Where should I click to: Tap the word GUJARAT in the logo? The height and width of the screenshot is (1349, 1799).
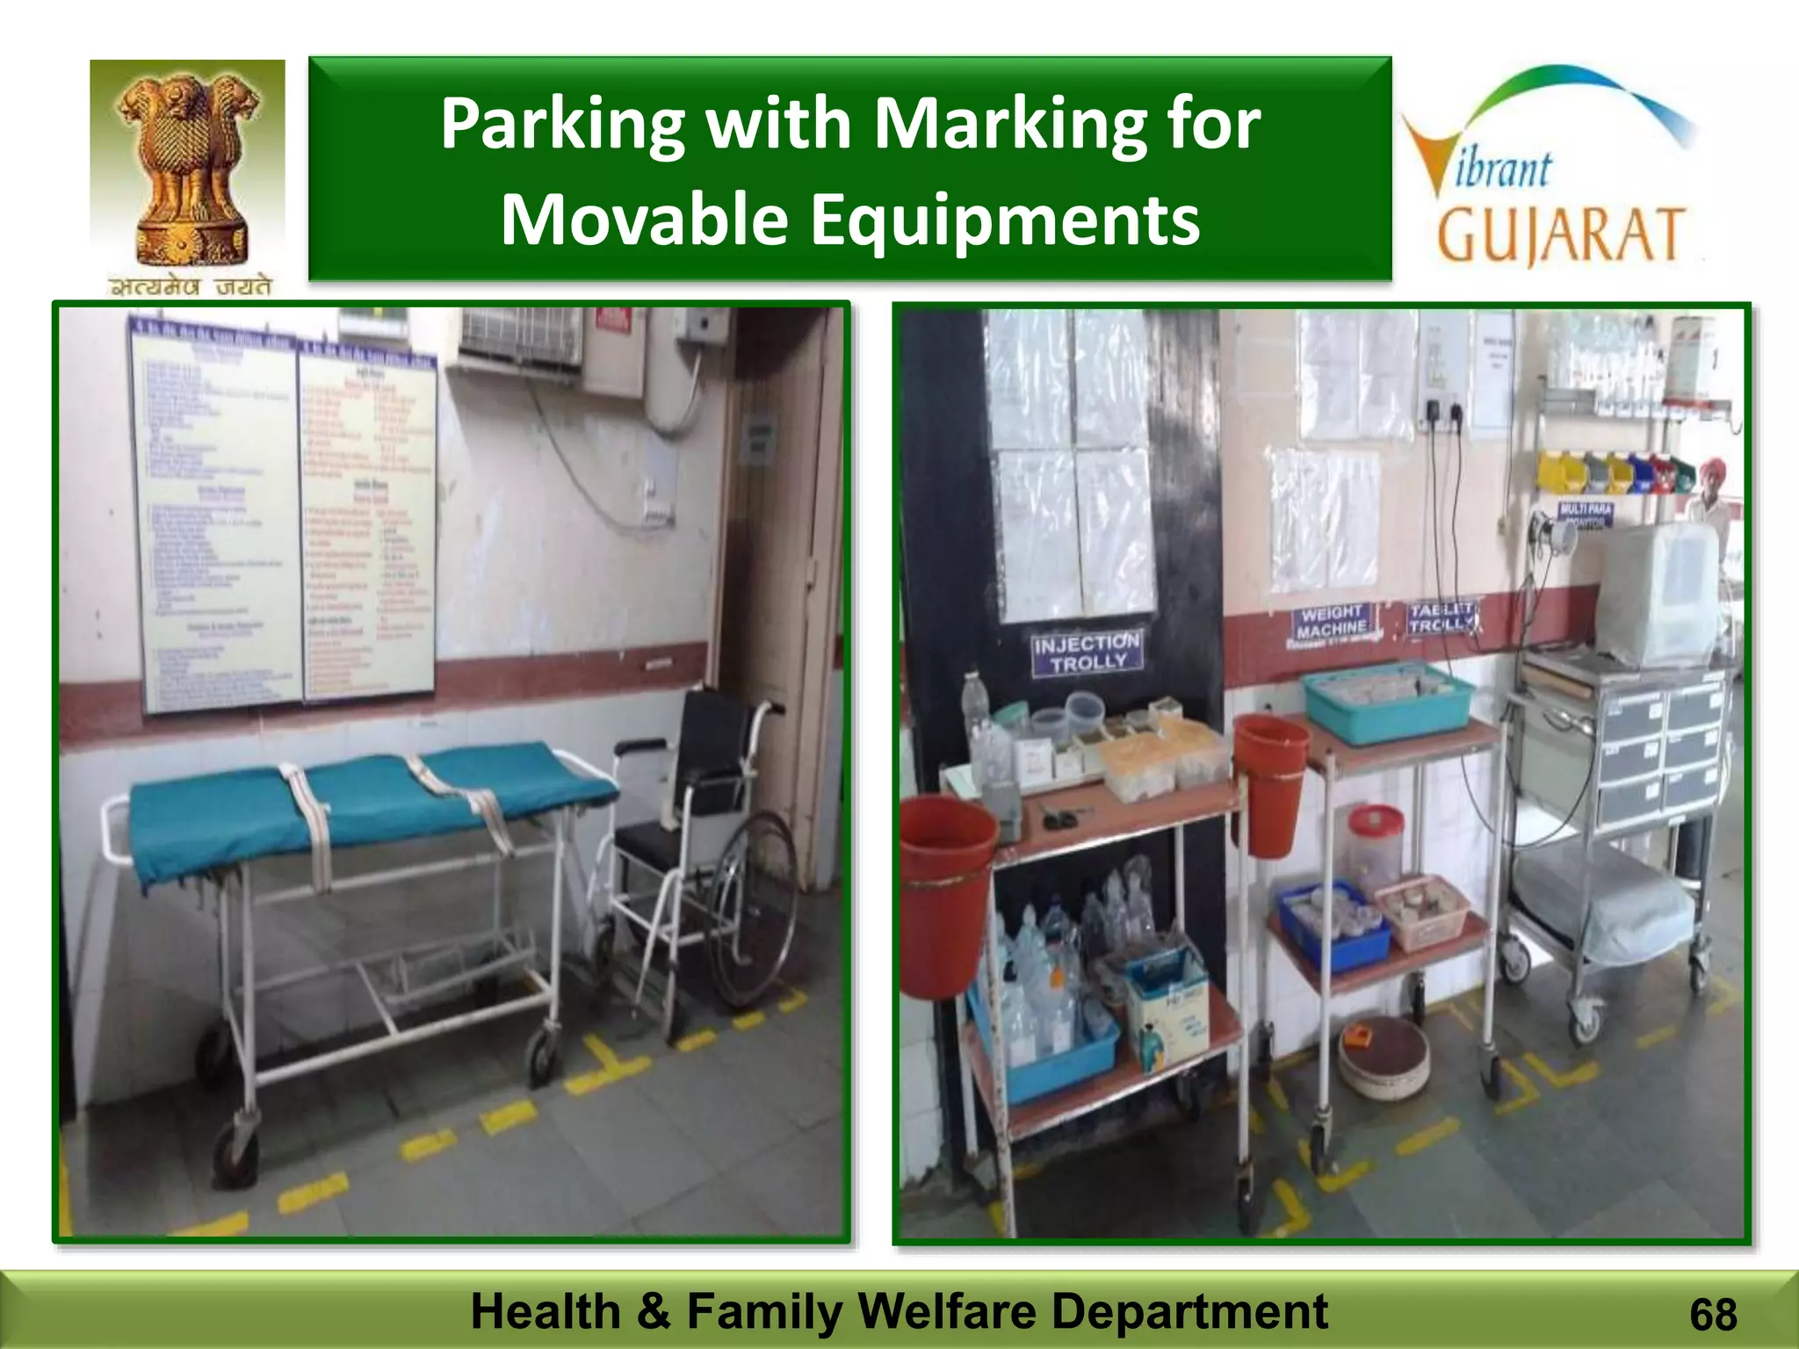tap(1560, 234)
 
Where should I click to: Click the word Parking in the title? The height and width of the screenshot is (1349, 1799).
tap(562, 124)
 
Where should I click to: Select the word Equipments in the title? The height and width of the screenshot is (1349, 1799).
tap(1004, 219)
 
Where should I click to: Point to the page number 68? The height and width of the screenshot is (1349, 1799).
tap(1712, 1315)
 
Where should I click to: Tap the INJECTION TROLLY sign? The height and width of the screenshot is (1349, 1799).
tap(1087, 653)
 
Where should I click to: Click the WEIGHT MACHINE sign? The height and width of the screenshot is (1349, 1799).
tap(1332, 621)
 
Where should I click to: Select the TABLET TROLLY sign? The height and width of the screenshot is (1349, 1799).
tap(1441, 617)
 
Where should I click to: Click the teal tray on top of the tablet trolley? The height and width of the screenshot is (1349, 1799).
tap(1386, 703)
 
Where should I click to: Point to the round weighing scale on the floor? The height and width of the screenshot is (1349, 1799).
tap(1384, 1057)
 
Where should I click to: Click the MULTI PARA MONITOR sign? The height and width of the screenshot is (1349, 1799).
tap(1586, 514)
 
